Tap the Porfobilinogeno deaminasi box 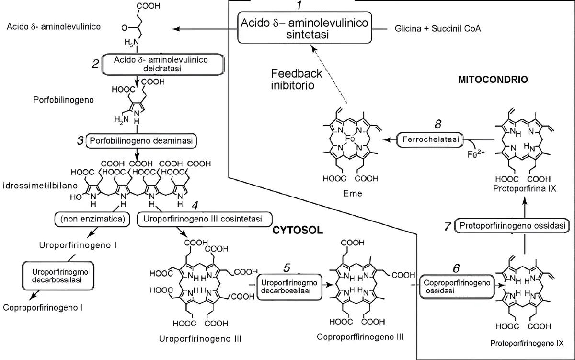point(142,141)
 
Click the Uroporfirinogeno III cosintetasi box point(200,219)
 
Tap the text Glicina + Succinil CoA point(437,29)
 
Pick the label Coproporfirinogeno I point(43,307)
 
